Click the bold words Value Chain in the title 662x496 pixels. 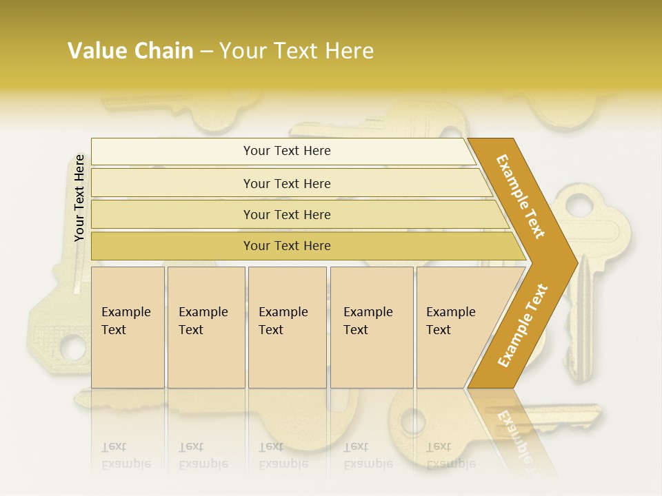pyautogui.click(x=130, y=51)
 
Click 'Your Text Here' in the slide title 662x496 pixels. pyautogui.click(x=297, y=51)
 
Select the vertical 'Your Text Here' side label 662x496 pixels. pyautogui.click(x=79, y=198)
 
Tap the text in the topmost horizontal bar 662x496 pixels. pyautogui.click(x=287, y=151)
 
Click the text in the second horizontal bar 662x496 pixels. pyautogui.click(x=287, y=184)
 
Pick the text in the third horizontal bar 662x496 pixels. pyautogui.click(x=287, y=215)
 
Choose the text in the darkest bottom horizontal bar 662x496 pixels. pyautogui.click(x=287, y=246)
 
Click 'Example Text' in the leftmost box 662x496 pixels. pyautogui.click(x=126, y=321)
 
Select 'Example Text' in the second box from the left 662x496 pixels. pyautogui.click(x=203, y=321)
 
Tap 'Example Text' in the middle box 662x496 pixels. pyautogui.click(x=283, y=321)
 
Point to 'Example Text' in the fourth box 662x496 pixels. pyautogui.click(x=368, y=321)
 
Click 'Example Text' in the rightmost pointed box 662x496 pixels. pyautogui.click(x=450, y=321)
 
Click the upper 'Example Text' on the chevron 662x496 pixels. pyautogui.click(x=521, y=196)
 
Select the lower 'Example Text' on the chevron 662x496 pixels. pyautogui.click(x=523, y=326)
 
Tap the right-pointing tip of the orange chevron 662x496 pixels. pyautogui.click(x=574, y=262)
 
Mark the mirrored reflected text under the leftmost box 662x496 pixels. pyautogui.click(x=126, y=455)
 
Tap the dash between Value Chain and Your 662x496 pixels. pyautogui.click(x=206, y=52)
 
